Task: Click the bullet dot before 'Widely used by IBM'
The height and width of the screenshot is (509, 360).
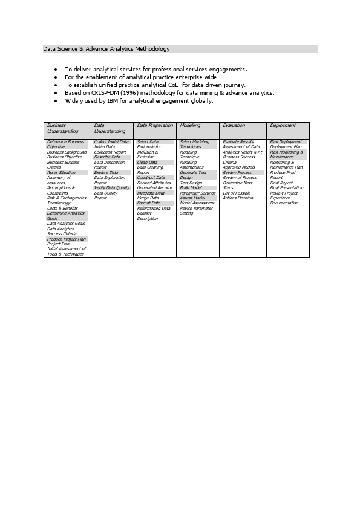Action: (56, 101)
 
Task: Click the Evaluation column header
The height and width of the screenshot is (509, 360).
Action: (234, 126)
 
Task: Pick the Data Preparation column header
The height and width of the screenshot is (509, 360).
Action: (155, 126)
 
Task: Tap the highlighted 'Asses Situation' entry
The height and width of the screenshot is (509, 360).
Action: (61, 173)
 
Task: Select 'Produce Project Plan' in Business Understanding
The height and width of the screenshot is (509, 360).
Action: (67, 239)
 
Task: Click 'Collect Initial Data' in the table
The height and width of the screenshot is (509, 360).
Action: (111, 142)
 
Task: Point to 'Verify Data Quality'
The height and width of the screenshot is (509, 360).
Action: (112, 188)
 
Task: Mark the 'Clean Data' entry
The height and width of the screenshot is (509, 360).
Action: (147, 163)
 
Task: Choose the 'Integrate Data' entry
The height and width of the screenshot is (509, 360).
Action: (151, 193)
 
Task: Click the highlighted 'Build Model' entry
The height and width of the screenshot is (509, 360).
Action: (190, 188)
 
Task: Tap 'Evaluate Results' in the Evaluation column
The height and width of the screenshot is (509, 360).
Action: (238, 142)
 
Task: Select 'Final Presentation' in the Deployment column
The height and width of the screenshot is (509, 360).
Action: (287, 188)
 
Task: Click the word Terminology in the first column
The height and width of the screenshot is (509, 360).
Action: (59, 203)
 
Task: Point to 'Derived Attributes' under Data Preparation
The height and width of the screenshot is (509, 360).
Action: (154, 183)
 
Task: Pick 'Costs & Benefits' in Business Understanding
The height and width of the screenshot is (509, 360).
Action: (62, 209)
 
